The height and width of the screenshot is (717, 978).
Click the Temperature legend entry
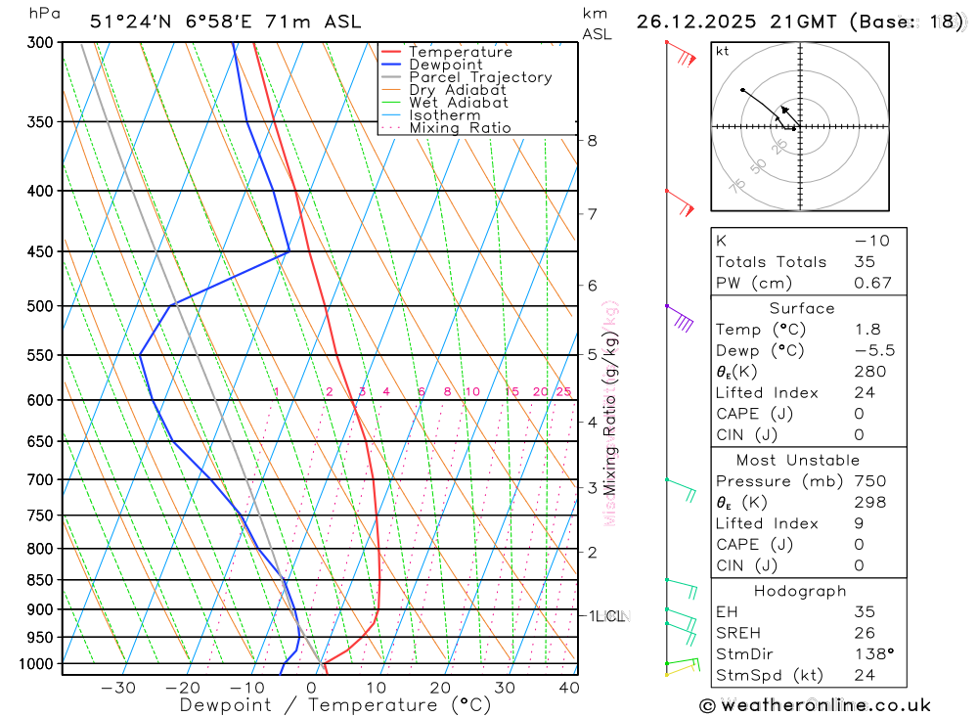(460, 52)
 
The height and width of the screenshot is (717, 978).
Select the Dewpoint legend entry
(445, 65)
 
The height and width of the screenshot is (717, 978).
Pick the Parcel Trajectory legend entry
(479, 77)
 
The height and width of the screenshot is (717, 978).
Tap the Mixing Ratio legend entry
(460, 128)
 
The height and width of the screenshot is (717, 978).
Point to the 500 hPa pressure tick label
(41, 306)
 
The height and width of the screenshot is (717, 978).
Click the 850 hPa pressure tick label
(41, 580)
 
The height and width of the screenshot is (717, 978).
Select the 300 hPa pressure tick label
(41, 43)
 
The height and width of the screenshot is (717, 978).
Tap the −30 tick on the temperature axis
(118, 688)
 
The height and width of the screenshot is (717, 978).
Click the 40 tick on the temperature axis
(567, 688)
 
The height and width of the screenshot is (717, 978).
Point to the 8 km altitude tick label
(592, 141)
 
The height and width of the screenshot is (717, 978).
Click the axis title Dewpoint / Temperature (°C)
(335, 704)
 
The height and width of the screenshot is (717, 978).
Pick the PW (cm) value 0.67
(872, 284)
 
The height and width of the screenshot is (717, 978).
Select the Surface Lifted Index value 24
(864, 393)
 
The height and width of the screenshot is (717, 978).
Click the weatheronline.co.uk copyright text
(815, 705)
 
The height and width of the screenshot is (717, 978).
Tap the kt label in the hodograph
(723, 51)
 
